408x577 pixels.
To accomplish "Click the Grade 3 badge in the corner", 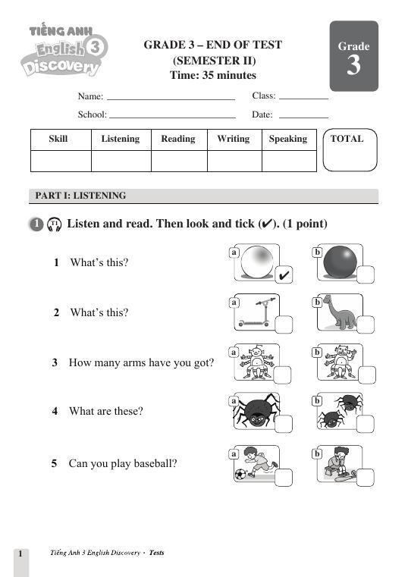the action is (x=353, y=56).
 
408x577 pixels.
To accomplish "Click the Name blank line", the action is (x=171, y=99).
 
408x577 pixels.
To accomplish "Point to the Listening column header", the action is (x=120, y=140).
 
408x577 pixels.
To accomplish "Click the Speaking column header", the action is (x=288, y=140).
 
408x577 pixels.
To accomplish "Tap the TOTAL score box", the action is (x=350, y=150).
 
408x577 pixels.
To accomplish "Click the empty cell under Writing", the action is (x=234, y=161).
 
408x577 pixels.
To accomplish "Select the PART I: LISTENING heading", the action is (x=80, y=196).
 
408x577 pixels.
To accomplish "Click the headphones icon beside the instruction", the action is (x=54, y=224).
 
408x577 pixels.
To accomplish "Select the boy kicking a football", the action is (x=254, y=463).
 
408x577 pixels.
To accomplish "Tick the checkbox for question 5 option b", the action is (x=365, y=476).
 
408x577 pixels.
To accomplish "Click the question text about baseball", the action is (x=122, y=463).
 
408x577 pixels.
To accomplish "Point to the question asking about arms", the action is (x=140, y=362).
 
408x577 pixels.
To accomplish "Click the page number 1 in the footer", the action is (x=20, y=553).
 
